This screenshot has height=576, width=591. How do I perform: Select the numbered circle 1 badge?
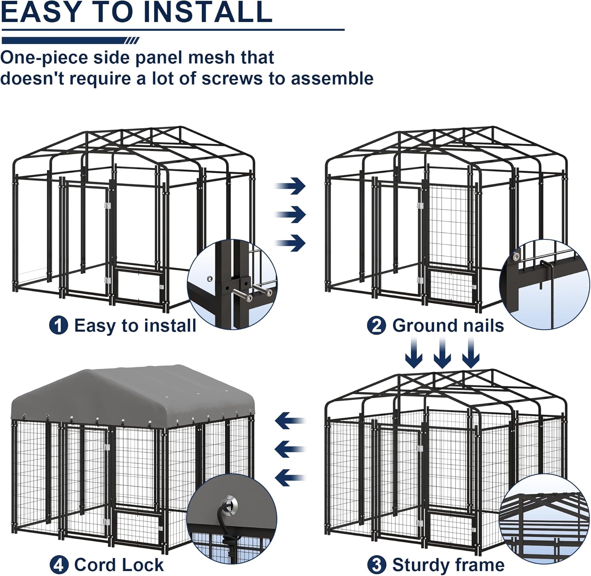(58, 326)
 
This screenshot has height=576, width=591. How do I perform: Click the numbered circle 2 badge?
(376, 326)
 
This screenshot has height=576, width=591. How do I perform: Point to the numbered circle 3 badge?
(377, 565)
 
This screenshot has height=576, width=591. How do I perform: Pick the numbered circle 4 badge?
(59, 565)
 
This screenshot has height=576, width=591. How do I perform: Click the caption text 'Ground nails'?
(448, 326)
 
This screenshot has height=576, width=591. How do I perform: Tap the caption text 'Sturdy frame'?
(448, 565)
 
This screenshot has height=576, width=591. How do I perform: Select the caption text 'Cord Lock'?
(119, 565)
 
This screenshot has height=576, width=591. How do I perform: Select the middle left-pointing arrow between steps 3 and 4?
(290, 449)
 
